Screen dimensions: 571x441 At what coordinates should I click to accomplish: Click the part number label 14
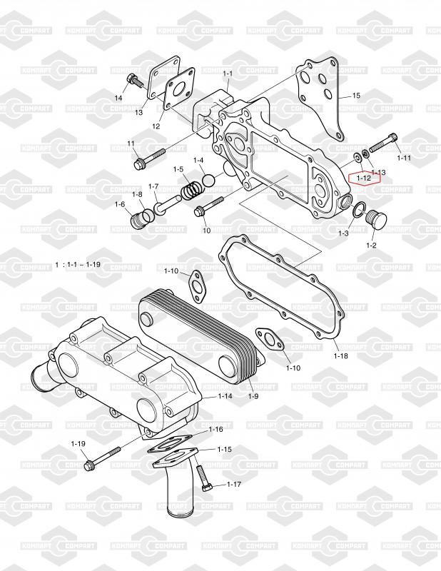click(x=119, y=97)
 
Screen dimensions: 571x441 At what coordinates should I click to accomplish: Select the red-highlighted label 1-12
click(x=364, y=178)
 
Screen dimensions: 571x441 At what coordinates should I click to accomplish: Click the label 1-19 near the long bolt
click(x=78, y=444)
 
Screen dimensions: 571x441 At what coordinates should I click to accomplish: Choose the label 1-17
click(x=234, y=485)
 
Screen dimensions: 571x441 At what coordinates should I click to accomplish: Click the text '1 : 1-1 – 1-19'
click(x=78, y=264)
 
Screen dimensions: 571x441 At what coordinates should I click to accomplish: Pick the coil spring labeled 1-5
click(x=190, y=191)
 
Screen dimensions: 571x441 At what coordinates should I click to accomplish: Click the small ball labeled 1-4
click(x=208, y=181)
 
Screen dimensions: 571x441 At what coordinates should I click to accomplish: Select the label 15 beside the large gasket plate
click(x=356, y=95)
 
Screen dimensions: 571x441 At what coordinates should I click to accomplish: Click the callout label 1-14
click(x=225, y=395)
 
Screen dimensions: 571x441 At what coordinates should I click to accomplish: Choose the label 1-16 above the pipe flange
click(x=216, y=430)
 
